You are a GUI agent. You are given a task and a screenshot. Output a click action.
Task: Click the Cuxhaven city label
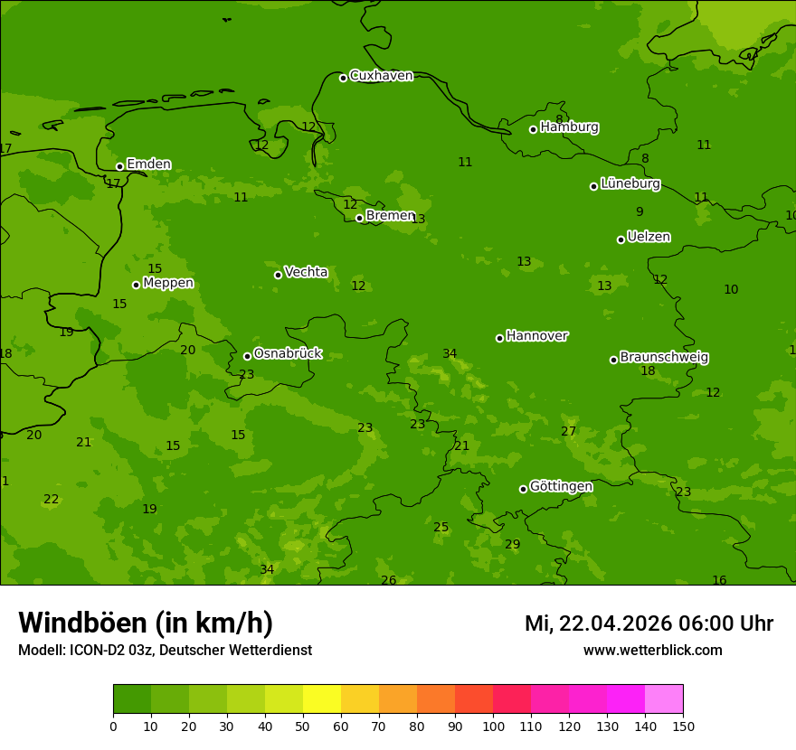(381, 76)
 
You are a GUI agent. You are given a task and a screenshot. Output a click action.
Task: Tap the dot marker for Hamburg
(533, 129)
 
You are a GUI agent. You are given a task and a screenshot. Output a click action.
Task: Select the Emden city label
(148, 164)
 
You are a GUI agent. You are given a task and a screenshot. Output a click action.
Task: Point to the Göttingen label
(561, 487)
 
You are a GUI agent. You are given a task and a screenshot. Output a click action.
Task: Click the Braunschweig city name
(664, 358)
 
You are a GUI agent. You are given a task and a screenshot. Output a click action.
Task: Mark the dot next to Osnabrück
(247, 356)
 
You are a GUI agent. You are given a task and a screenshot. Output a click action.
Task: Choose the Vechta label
(306, 273)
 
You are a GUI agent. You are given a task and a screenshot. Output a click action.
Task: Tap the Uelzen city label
(649, 238)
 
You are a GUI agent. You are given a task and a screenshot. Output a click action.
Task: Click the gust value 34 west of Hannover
(450, 353)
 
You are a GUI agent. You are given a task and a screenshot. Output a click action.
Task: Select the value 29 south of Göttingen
(513, 544)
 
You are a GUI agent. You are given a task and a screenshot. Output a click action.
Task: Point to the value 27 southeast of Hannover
(568, 431)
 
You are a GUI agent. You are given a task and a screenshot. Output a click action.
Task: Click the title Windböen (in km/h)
(146, 623)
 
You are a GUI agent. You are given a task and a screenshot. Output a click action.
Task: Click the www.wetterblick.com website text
(653, 651)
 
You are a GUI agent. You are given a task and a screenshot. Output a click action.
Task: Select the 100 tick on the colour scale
(493, 726)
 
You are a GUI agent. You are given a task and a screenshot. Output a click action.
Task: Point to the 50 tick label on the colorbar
(303, 726)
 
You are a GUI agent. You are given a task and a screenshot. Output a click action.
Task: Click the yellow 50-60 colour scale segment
(322, 699)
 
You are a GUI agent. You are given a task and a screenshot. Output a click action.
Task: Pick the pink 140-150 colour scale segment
(664, 699)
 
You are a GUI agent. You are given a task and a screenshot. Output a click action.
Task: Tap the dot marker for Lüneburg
(593, 186)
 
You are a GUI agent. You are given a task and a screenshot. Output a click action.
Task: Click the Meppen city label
(168, 284)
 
